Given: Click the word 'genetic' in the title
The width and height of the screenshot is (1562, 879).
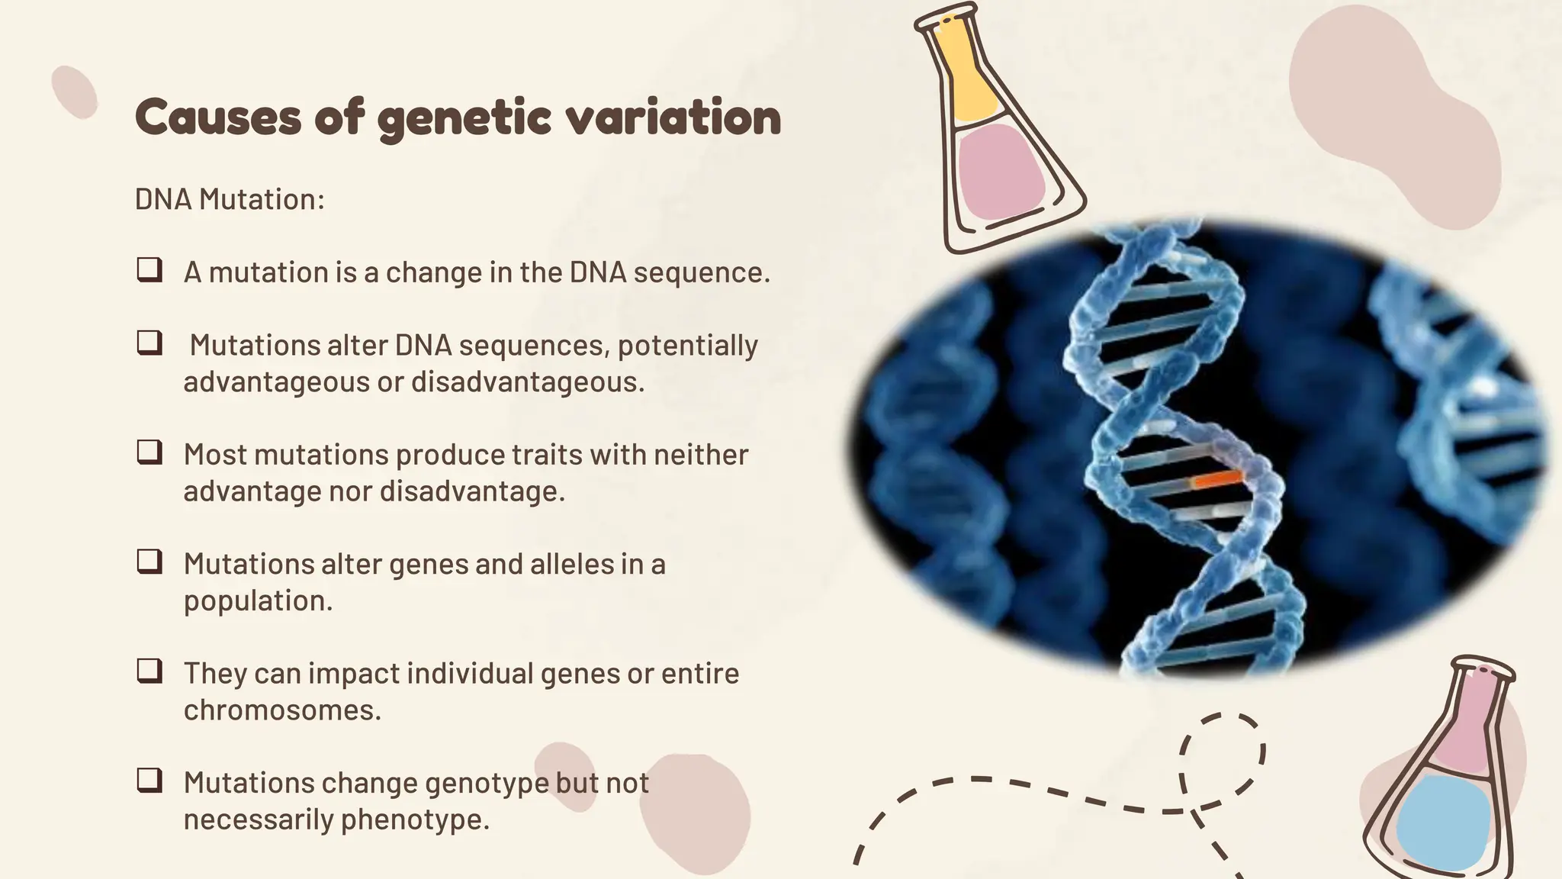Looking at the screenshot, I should coord(463,118).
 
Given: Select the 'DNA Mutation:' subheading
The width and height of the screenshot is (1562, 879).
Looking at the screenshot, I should coord(230,199).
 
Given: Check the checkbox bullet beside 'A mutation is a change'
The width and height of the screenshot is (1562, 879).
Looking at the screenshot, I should coord(149,270).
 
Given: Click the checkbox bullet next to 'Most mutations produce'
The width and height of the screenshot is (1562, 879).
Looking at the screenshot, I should coord(149,452).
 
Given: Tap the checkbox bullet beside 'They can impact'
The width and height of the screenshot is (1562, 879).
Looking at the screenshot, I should coord(149,671).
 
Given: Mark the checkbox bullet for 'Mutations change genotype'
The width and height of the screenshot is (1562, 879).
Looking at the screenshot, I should coord(149,780).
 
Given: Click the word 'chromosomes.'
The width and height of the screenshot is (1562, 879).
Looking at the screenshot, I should coord(282,710).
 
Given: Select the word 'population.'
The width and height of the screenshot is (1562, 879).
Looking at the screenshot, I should coord(258,600).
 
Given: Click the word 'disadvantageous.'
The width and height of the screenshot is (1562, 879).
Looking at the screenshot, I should coord(528,382).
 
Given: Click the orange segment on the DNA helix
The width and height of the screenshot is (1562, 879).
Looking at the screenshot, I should coord(1218,479).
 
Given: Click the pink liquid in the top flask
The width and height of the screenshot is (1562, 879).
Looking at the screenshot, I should coord(999,172).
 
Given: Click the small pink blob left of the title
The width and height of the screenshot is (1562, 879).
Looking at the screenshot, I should coord(75,92).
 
